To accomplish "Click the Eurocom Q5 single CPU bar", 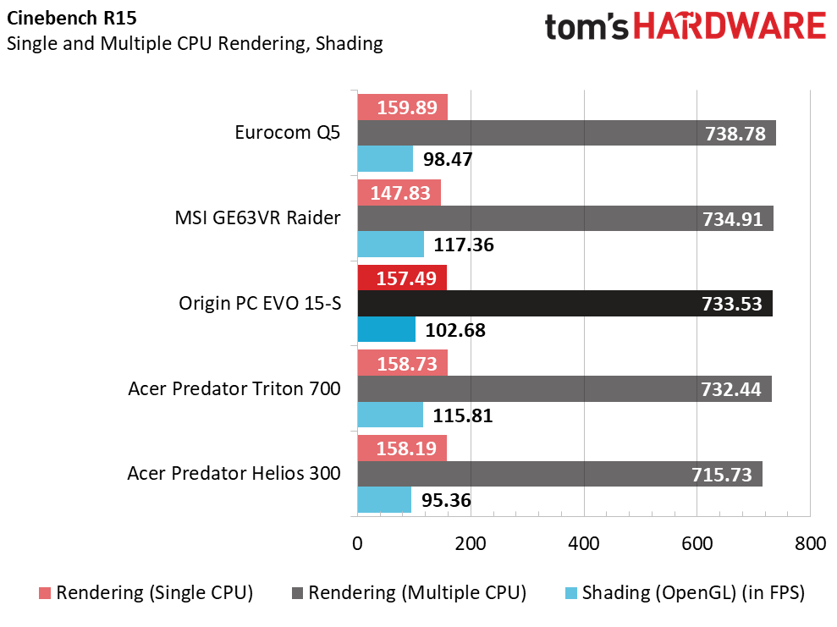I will pos(402,107).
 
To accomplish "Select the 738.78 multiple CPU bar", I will pos(566,134).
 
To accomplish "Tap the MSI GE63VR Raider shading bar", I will pos(390,245).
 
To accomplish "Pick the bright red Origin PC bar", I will pos(402,278).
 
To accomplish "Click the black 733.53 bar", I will pos(564,304).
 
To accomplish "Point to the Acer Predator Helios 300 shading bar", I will pos(384,500).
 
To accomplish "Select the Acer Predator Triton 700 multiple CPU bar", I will pos(564,389).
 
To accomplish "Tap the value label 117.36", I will pos(463,245).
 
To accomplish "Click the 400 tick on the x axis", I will pos(584,543).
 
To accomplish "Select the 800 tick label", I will pos(810,543).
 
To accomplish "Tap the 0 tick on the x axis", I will pos(357,543).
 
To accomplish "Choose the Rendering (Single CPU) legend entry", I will pos(146,593).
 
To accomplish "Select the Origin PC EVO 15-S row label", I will pos(260,303).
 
